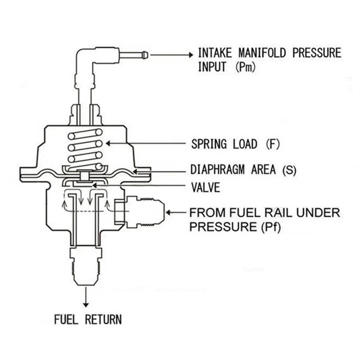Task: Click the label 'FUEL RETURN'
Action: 88,319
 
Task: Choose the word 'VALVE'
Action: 205,187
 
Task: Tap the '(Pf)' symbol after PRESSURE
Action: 270,227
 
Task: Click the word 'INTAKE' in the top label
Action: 216,53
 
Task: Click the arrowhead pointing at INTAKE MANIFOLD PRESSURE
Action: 190,55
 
